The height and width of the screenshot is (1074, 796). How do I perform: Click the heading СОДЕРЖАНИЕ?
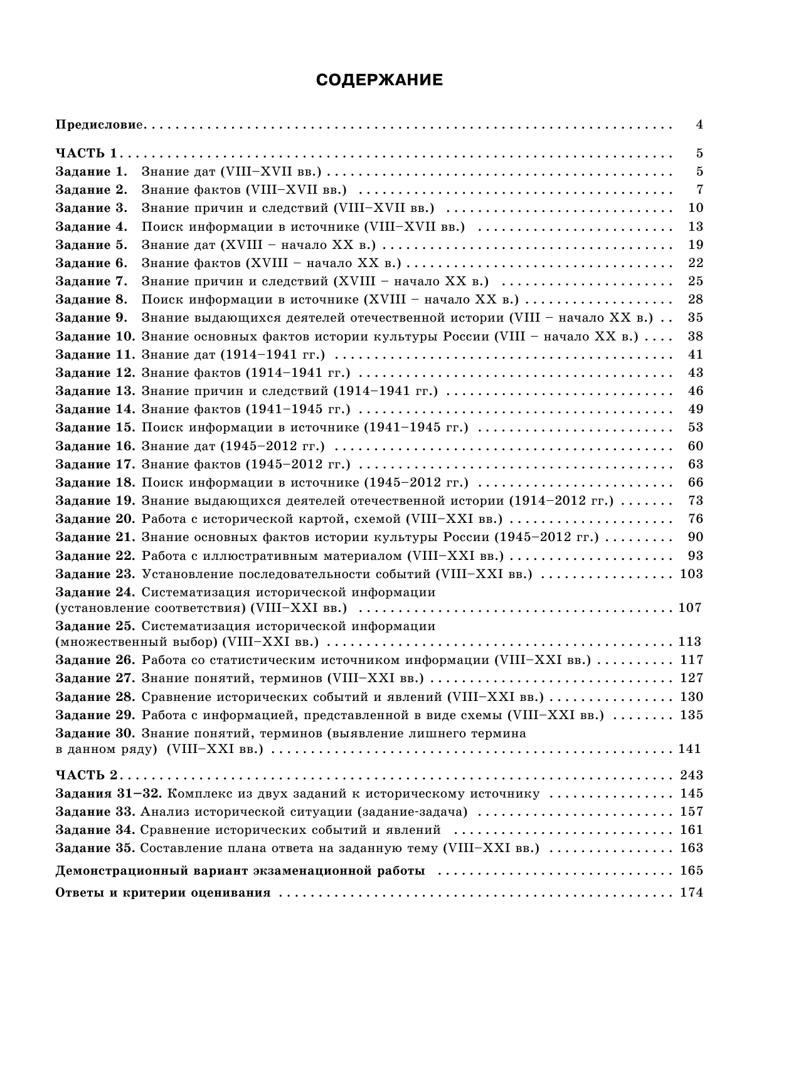(379, 80)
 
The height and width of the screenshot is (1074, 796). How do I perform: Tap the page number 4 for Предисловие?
(699, 124)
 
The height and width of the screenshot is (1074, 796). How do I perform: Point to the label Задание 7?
(91, 281)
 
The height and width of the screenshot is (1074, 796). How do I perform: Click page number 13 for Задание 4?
(695, 226)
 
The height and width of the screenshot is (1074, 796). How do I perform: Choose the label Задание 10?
(95, 336)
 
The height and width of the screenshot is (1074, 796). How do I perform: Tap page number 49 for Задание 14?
(695, 409)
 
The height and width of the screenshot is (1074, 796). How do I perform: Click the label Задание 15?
(95, 427)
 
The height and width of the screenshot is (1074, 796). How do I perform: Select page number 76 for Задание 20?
(695, 519)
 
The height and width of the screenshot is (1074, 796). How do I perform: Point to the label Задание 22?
(95, 555)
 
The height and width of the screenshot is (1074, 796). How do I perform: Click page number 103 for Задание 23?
(691, 574)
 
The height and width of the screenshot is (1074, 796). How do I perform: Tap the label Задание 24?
(95, 592)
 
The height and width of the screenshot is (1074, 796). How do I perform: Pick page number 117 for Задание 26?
(691, 660)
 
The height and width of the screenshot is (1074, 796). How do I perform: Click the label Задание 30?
(95, 733)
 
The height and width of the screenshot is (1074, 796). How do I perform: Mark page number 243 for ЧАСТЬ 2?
(691, 775)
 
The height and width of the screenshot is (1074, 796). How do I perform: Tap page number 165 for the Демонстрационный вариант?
(691, 870)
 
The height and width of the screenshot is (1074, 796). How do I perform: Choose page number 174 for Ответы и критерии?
(691, 893)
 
